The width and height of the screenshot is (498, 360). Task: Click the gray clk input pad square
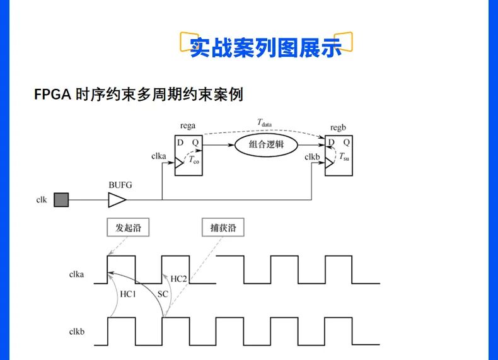pyautogui.click(x=61, y=200)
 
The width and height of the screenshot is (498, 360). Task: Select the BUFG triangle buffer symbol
pyautogui.click(x=117, y=200)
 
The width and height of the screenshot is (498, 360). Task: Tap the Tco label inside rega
pyautogui.click(x=194, y=161)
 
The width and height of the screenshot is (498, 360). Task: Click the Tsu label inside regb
pyautogui.click(x=344, y=156)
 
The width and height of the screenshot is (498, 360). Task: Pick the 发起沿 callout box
pyautogui.click(x=128, y=228)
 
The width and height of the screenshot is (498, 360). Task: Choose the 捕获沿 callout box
pyautogui.click(x=223, y=228)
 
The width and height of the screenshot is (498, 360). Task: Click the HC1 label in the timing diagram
pyautogui.click(x=128, y=294)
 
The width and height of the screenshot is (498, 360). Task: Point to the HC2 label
pyautogui.click(x=180, y=279)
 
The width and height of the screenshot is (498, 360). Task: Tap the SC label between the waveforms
pyautogui.click(x=163, y=294)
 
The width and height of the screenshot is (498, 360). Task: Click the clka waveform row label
pyautogui.click(x=76, y=274)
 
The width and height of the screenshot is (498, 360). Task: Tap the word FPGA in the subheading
pyautogui.click(x=52, y=95)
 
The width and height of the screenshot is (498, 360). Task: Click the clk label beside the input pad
pyautogui.click(x=42, y=200)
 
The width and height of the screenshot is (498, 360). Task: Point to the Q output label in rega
pyautogui.click(x=195, y=142)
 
